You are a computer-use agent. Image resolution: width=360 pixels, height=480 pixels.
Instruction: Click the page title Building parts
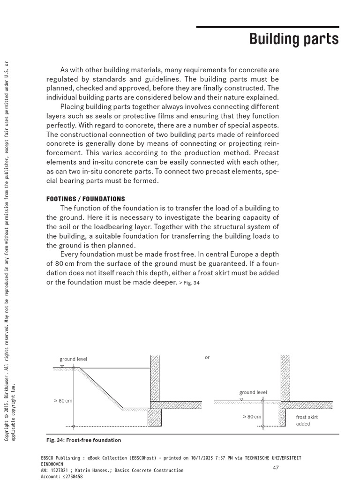pos(293,39)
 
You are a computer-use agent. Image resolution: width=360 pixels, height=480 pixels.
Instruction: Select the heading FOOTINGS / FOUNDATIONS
pos(85,199)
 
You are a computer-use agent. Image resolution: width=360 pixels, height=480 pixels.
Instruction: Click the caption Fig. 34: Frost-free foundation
pos(83,440)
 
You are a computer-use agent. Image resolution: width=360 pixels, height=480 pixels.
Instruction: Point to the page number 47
pos(276,467)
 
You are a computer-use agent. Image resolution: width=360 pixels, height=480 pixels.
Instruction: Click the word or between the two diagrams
pos(207,358)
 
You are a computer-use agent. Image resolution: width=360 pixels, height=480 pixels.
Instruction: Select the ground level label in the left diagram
pos(73,360)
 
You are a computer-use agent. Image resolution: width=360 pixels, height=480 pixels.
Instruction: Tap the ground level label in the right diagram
pos(253,392)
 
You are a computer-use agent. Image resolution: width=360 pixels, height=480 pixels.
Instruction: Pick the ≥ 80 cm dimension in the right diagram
pos(252,417)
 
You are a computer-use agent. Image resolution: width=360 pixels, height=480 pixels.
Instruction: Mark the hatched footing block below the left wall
pos(155,417)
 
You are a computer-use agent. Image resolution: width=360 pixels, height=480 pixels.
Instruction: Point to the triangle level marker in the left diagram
pos(62,366)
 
